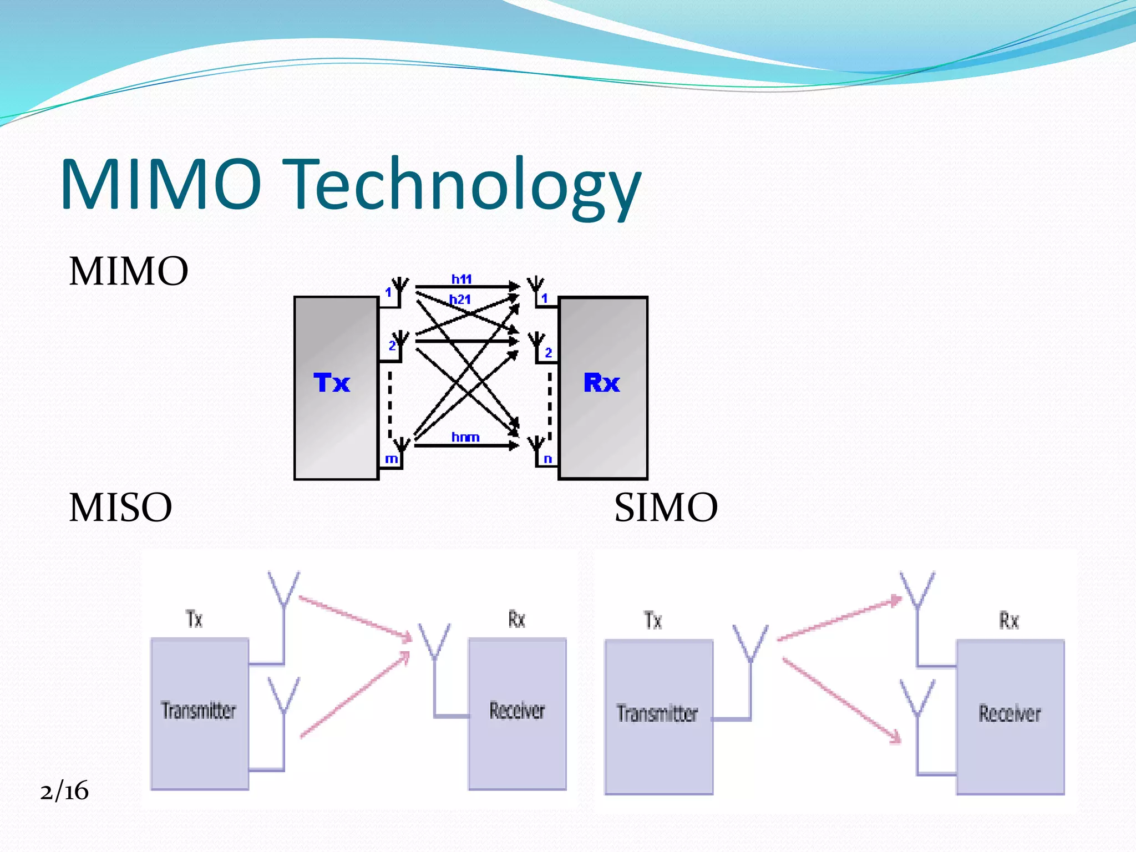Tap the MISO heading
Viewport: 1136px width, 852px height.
pos(120,508)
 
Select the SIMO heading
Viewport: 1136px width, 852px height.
pos(666,508)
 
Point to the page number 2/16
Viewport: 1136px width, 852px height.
pos(64,791)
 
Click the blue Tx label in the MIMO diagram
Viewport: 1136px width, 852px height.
pos(332,383)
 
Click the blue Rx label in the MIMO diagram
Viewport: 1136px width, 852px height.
pos(601,383)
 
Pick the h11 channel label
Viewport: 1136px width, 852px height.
pos(461,279)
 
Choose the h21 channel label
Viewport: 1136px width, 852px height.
pos(460,300)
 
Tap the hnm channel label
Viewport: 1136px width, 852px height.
pos(465,437)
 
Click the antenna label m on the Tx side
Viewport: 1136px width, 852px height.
pos(391,459)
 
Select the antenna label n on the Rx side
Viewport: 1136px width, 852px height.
pos(547,459)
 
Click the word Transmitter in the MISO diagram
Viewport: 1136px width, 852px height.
pos(199,711)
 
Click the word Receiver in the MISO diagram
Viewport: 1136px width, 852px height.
pos(517,711)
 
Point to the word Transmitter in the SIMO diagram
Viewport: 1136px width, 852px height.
pos(657,713)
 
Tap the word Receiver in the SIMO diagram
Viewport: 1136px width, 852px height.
pos(1010,713)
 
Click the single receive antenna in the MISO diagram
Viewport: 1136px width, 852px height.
pos(434,643)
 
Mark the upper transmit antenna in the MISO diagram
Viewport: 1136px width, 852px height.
pos(284,591)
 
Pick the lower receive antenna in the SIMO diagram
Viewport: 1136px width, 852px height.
pos(917,699)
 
